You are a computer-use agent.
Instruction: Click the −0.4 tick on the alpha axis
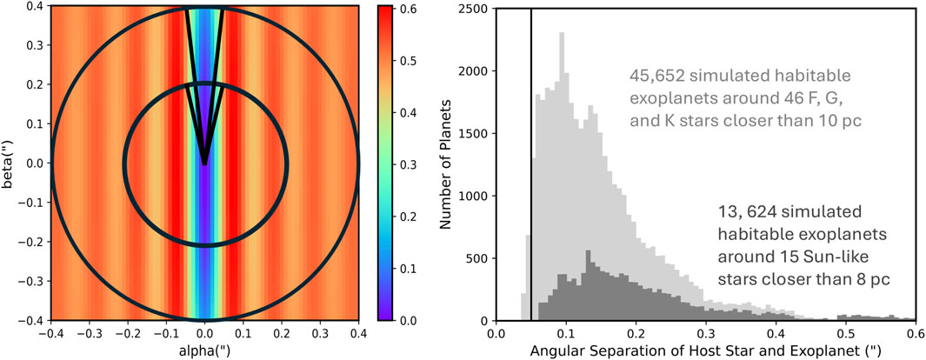(x=49, y=334)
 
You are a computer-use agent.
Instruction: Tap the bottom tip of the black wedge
(x=204, y=163)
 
